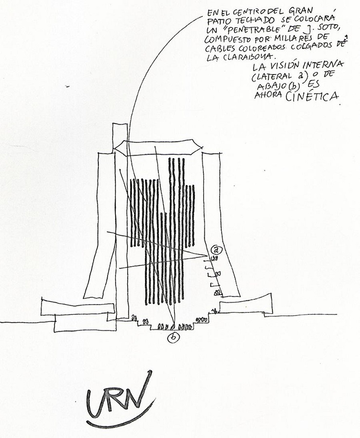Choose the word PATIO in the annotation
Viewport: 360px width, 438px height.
click(216, 22)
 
